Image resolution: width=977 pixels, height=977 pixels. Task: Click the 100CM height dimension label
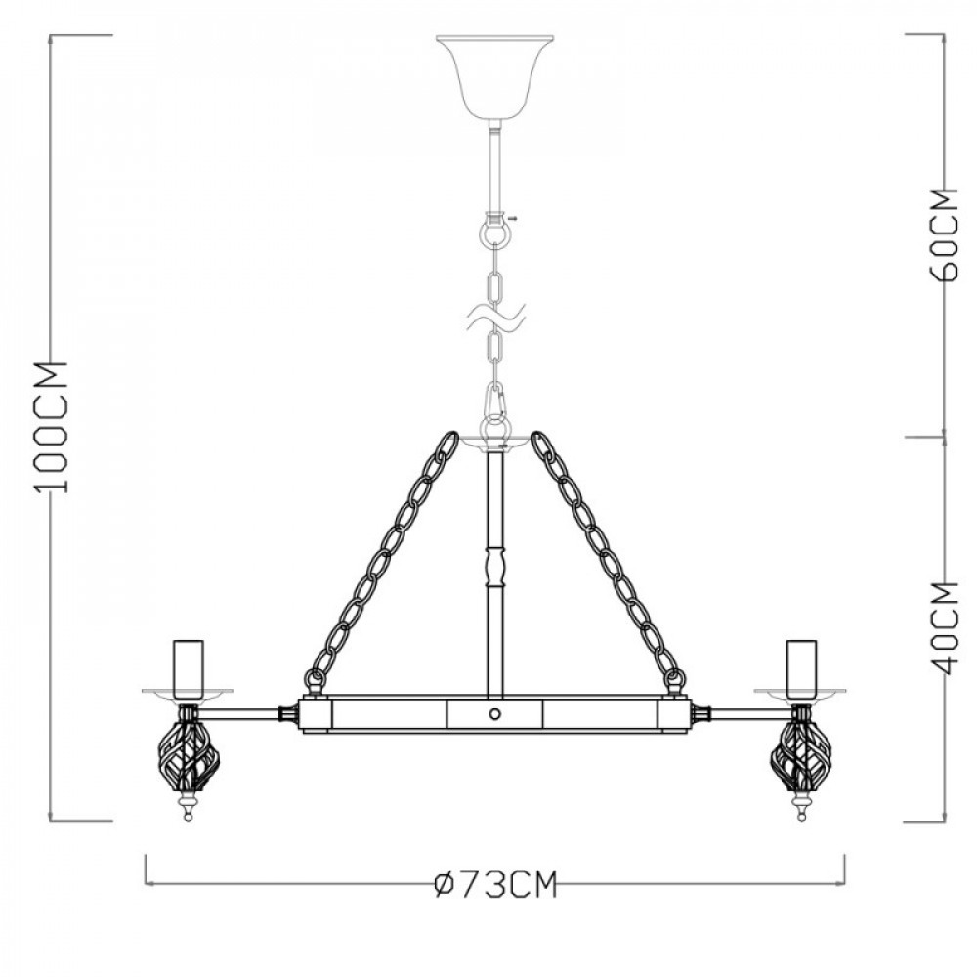(52, 428)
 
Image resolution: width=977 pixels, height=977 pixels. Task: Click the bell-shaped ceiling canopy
(494, 78)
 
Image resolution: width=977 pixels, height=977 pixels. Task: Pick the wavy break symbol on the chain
(494, 319)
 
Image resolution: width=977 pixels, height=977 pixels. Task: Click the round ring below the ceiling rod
(494, 234)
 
